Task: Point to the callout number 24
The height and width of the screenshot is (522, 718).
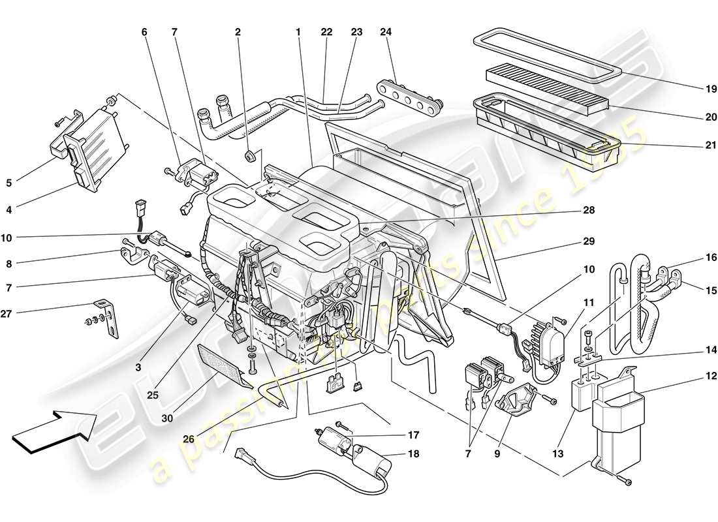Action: [386, 32]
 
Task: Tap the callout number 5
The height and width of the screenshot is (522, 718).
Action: [9, 183]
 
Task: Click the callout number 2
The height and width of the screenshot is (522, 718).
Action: [238, 32]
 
